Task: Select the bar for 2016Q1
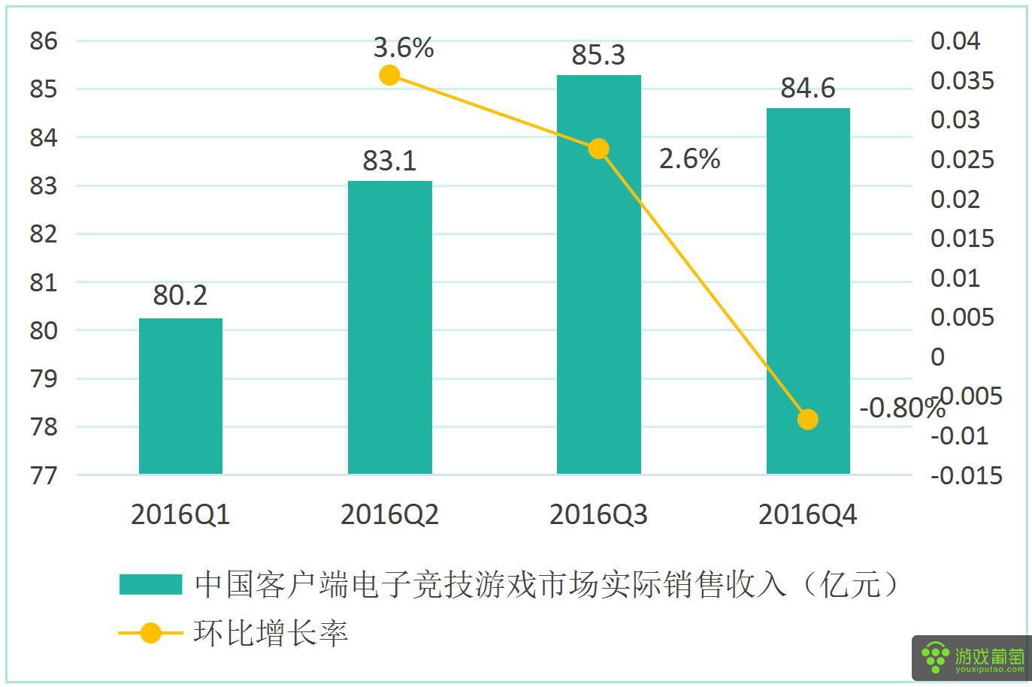coord(180,396)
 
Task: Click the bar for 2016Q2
coord(389,327)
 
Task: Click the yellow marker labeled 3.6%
coord(389,75)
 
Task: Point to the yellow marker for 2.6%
coord(598,149)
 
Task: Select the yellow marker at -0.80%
coord(807,419)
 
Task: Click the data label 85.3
coord(598,55)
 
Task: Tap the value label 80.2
coord(180,295)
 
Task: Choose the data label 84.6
coord(808,88)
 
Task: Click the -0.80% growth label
coord(900,408)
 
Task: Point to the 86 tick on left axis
coord(44,41)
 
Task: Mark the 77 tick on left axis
coord(44,475)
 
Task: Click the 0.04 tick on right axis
coord(955,41)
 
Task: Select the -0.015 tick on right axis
coord(967,475)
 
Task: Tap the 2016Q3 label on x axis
coord(598,515)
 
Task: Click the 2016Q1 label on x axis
coord(180,515)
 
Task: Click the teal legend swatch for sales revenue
coord(150,584)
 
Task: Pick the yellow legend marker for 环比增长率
coord(150,633)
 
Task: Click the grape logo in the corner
coord(936,658)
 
